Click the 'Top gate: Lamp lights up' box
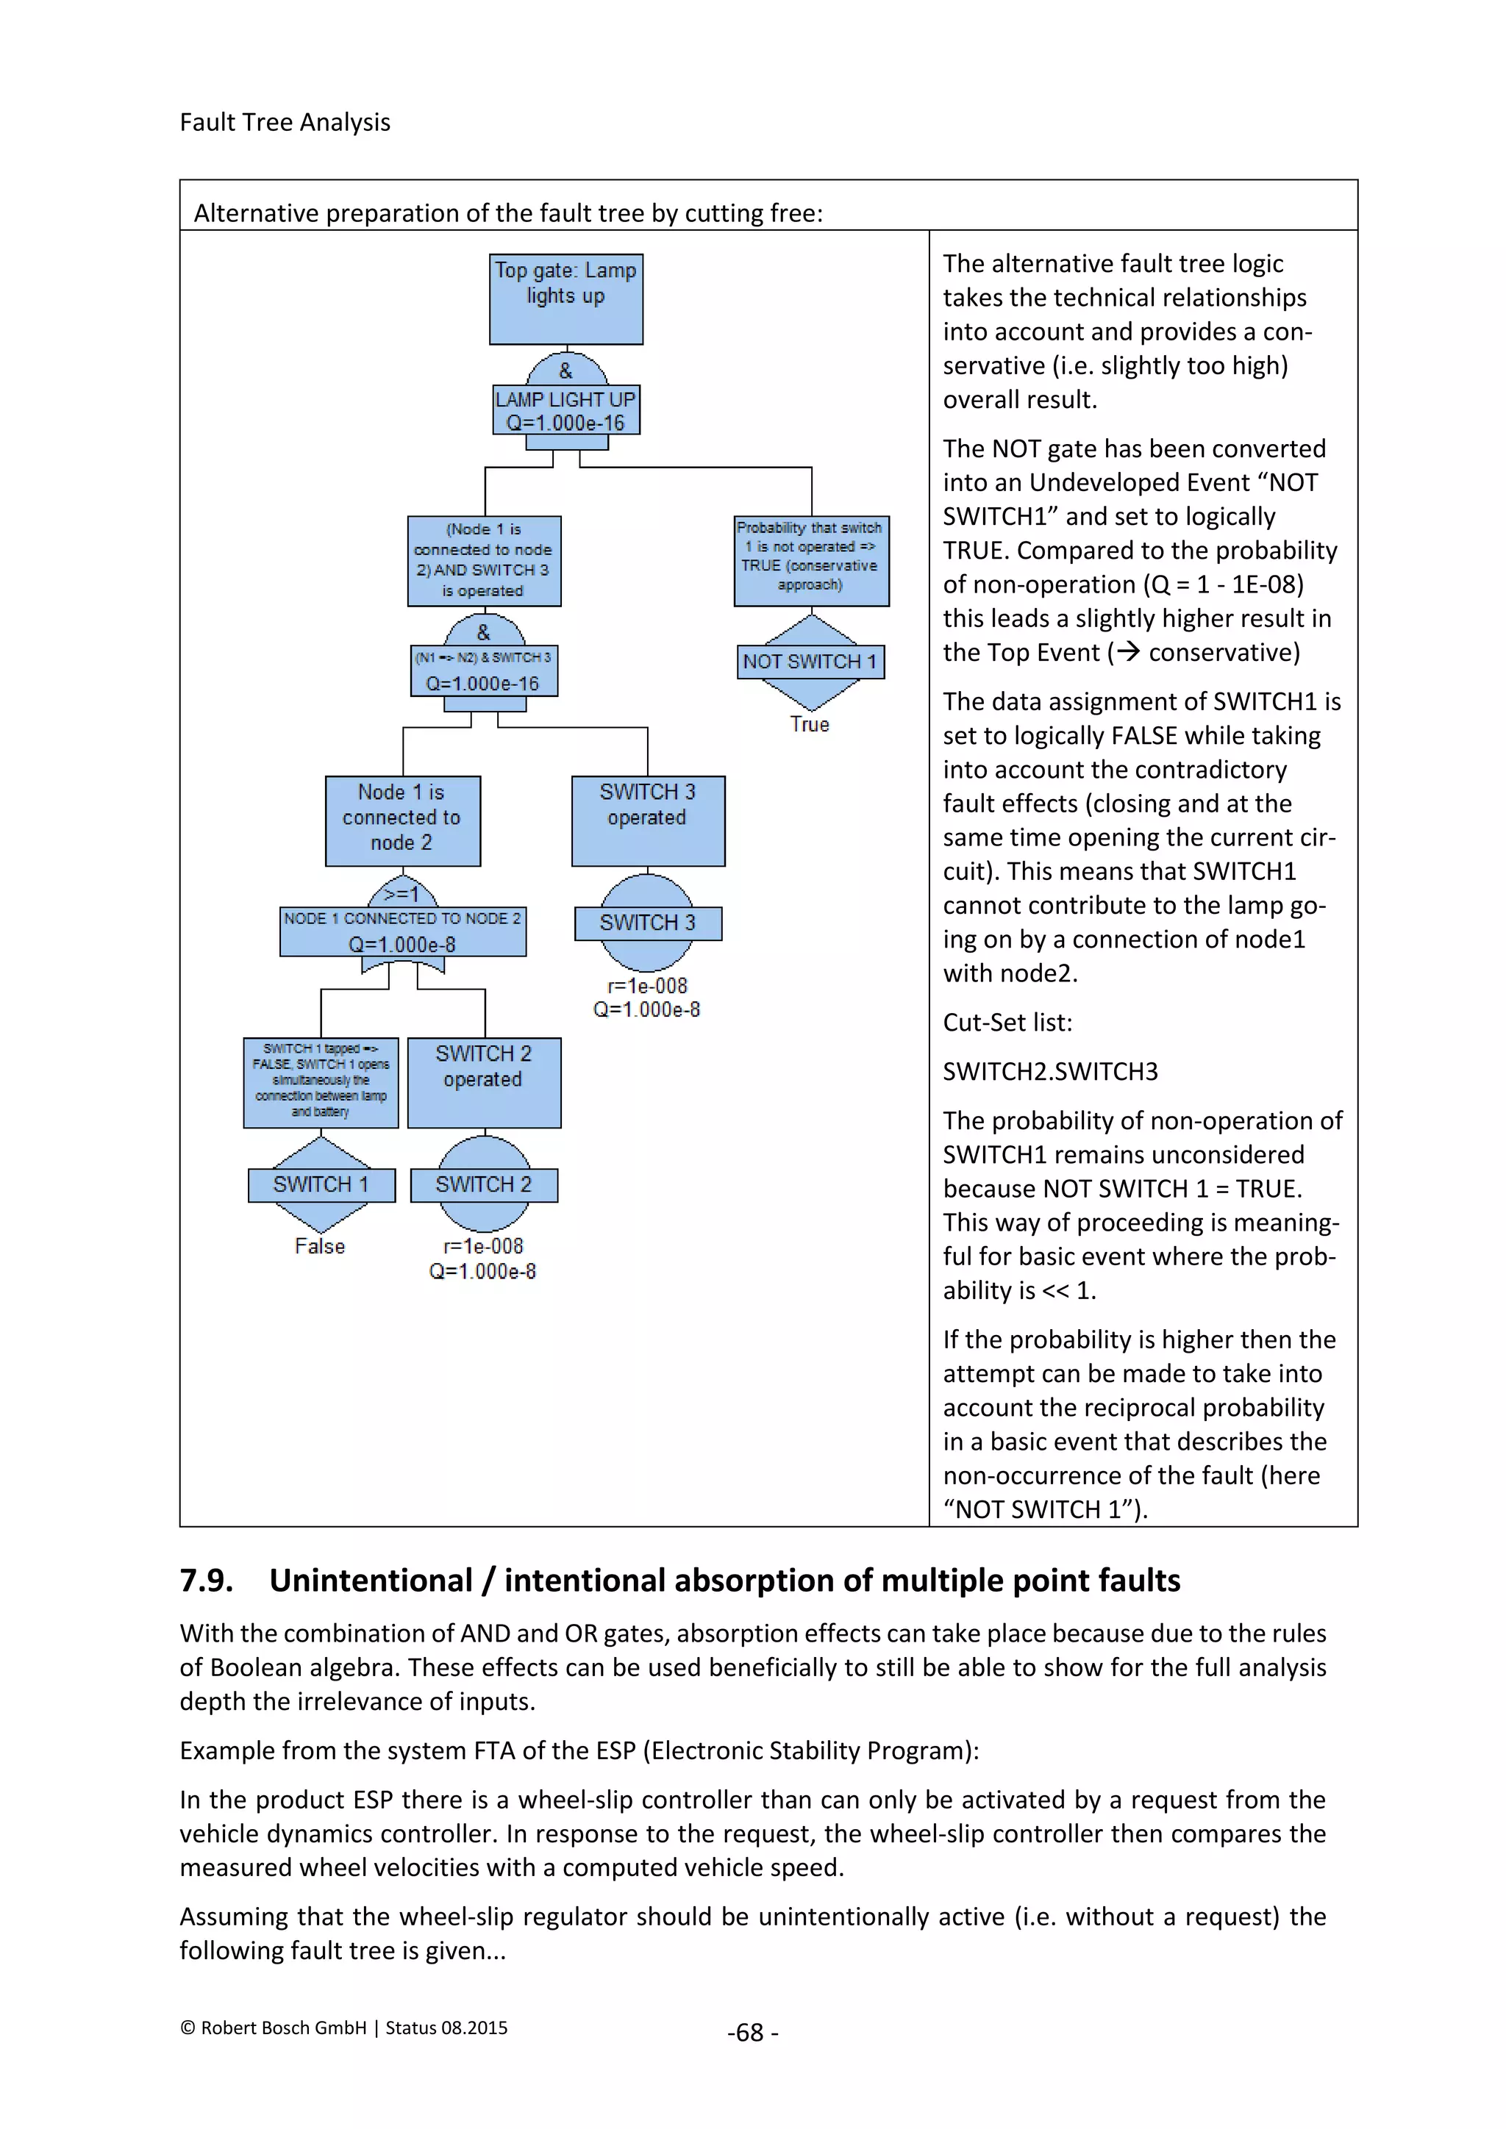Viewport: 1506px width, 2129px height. [x=565, y=298]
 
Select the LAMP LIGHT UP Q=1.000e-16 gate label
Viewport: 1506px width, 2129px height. [x=565, y=411]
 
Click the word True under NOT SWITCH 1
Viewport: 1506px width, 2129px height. [x=810, y=724]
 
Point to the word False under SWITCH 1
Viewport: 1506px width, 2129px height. [x=320, y=1246]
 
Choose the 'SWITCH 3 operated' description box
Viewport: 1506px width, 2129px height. [x=647, y=820]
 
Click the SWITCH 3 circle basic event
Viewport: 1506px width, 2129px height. [x=647, y=923]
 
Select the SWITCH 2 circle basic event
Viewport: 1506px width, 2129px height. [x=483, y=1184]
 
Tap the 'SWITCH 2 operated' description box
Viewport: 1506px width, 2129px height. [x=483, y=1081]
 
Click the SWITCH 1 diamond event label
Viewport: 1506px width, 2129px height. [x=321, y=1184]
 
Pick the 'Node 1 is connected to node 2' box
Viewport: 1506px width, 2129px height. [x=402, y=820]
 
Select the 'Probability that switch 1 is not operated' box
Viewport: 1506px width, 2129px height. [x=810, y=560]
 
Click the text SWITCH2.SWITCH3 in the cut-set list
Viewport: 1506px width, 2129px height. [x=1050, y=1072]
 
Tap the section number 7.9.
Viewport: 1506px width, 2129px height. [x=206, y=1580]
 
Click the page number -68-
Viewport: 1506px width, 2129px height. [x=752, y=2032]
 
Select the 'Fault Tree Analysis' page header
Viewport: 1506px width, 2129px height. [x=285, y=122]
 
